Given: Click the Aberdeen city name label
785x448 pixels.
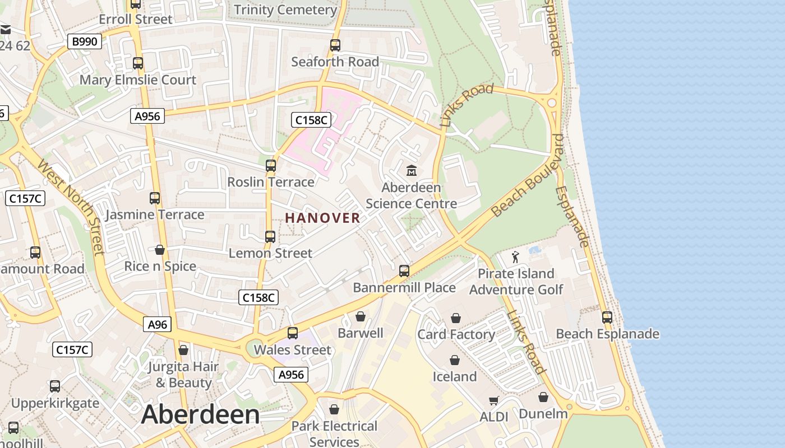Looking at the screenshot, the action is coord(200,415).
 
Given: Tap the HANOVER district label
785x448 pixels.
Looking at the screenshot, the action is coord(323,218).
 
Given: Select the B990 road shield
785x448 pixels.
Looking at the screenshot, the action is coord(85,41).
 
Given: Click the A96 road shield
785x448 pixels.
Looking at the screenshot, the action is coord(157,324).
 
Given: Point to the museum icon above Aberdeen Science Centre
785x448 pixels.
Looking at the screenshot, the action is coord(412,170).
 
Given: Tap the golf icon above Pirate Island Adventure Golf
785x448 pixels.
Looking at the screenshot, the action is coord(515,257).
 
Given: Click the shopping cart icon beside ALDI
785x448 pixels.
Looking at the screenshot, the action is coord(493,400).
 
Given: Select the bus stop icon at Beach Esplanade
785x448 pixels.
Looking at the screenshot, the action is coord(607,318).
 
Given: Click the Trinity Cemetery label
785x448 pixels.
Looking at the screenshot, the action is coord(285,10).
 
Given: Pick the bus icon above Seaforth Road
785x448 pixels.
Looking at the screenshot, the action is coord(335,45).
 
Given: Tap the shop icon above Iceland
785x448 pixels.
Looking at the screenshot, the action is coord(454,360).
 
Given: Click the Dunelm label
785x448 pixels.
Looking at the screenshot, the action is coord(543,414).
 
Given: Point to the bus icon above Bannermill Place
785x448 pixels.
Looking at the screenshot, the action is coord(404,271).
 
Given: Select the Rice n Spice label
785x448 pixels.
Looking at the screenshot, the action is coord(160,266).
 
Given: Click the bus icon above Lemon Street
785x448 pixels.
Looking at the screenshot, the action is coord(270,236).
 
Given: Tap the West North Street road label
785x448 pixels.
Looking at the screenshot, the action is coord(71,206).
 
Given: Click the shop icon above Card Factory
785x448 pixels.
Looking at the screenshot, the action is coord(456,318).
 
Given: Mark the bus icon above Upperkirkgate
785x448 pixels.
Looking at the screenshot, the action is coord(55,386).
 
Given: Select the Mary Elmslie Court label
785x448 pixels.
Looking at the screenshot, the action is coord(138,80).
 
